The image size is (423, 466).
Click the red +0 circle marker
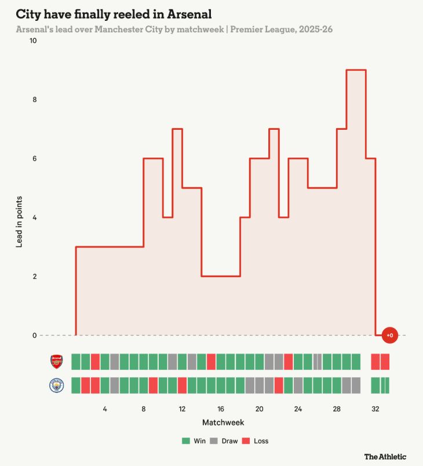390,335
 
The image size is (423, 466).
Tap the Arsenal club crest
57,362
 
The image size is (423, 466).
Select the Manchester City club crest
57,385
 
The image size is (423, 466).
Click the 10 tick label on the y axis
32,41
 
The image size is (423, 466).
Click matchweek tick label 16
221,409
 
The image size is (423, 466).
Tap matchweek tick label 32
375,409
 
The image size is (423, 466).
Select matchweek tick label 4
105,409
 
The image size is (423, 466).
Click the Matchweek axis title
223,423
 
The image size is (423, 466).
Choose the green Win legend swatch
186,441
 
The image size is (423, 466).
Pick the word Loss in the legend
261,441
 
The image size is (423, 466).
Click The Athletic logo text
385,457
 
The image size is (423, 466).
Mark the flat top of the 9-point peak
356,70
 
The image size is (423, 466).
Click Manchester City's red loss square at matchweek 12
182,385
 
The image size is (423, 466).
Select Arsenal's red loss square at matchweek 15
211,362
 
